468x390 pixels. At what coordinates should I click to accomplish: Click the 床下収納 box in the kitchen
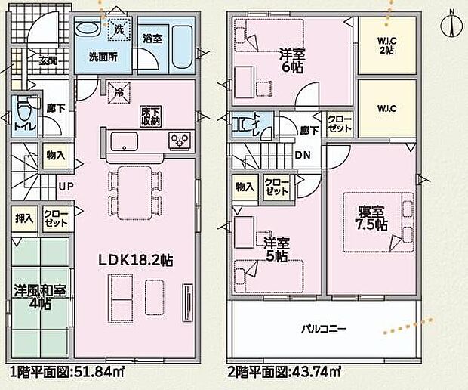pyautogui.click(x=149, y=116)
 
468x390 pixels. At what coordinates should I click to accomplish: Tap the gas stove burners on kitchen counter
pyautogui.click(x=181, y=139)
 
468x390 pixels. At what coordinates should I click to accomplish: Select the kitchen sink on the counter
pyautogui.click(x=123, y=141)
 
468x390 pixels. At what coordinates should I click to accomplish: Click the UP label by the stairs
pyautogui.click(x=66, y=185)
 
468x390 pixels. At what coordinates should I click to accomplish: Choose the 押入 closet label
pyautogui.click(x=25, y=218)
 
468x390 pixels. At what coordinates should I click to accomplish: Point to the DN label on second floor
pyautogui.click(x=302, y=156)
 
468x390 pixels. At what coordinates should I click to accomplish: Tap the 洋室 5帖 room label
pyautogui.click(x=276, y=250)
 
